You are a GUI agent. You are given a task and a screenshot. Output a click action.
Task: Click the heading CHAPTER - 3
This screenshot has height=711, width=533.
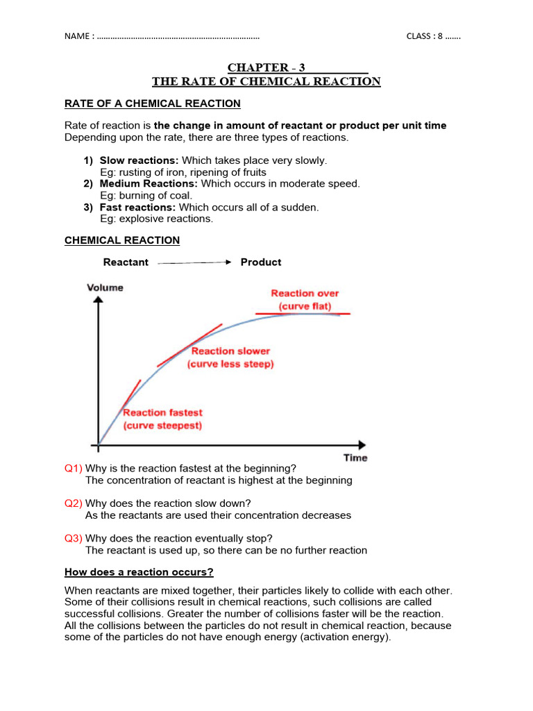click(266, 67)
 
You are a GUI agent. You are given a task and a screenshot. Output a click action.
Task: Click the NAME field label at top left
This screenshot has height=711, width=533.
click(78, 37)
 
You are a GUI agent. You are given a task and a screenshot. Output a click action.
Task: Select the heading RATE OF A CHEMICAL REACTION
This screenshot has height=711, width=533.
click(152, 103)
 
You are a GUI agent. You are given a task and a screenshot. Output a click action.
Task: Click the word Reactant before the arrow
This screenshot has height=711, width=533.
click(126, 262)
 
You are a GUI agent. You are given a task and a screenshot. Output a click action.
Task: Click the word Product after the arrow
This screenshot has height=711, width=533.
click(260, 262)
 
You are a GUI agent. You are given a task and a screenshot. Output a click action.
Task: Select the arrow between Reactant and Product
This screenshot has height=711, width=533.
click(194, 262)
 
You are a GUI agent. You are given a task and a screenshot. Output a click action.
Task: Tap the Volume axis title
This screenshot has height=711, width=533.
click(105, 287)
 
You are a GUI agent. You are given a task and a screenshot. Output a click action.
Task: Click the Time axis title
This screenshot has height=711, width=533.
click(355, 458)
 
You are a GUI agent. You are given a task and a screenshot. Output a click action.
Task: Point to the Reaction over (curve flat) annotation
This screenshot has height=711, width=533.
click(305, 299)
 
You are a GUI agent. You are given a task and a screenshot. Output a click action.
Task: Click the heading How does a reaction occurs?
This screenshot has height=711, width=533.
click(139, 572)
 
